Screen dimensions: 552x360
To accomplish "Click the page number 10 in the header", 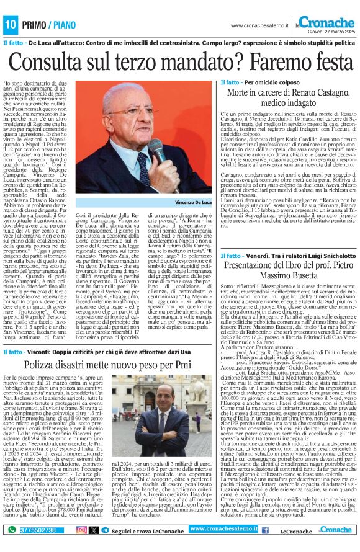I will click(x=11, y=24).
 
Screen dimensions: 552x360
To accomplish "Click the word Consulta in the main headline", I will click(x=57, y=63).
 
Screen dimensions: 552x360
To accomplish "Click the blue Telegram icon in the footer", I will click(x=105, y=530).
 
